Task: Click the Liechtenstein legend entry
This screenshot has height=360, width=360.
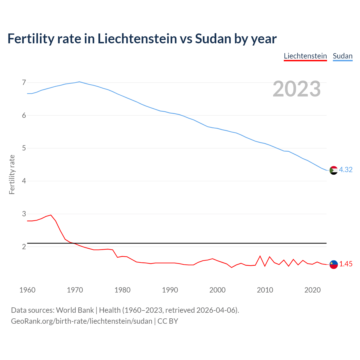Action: (x=305, y=56)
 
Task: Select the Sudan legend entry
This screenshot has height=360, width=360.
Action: (x=343, y=56)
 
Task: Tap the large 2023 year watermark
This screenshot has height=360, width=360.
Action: (x=297, y=89)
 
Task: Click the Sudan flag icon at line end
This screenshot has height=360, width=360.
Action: (x=333, y=170)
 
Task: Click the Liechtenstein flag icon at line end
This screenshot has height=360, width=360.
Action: (x=333, y=264)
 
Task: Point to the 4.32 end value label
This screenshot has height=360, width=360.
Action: (x=346, y=170)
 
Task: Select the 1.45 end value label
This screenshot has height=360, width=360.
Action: (x=346, y=264)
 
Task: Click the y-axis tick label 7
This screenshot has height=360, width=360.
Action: (x=24, y=82)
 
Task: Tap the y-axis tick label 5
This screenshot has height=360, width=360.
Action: (x=24, y=148)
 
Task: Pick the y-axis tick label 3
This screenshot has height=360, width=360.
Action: (x=24, y=214)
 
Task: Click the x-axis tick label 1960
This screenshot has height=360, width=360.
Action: (x=27, y=290)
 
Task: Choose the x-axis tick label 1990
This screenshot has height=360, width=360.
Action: (x=170, y=290)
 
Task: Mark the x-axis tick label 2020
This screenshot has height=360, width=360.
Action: (x=312, y=290)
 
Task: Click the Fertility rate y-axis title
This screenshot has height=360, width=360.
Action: (x=12, y=174)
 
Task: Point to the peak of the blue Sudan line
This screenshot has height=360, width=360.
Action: (x=79, y=82)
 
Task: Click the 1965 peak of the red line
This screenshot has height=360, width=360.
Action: (x=51, y=215)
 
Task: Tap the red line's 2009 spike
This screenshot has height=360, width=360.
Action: (x=260, y=256)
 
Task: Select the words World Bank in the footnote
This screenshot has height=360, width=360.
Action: (x=75, y=310)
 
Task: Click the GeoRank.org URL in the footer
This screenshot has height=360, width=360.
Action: (x=82, y=321)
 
